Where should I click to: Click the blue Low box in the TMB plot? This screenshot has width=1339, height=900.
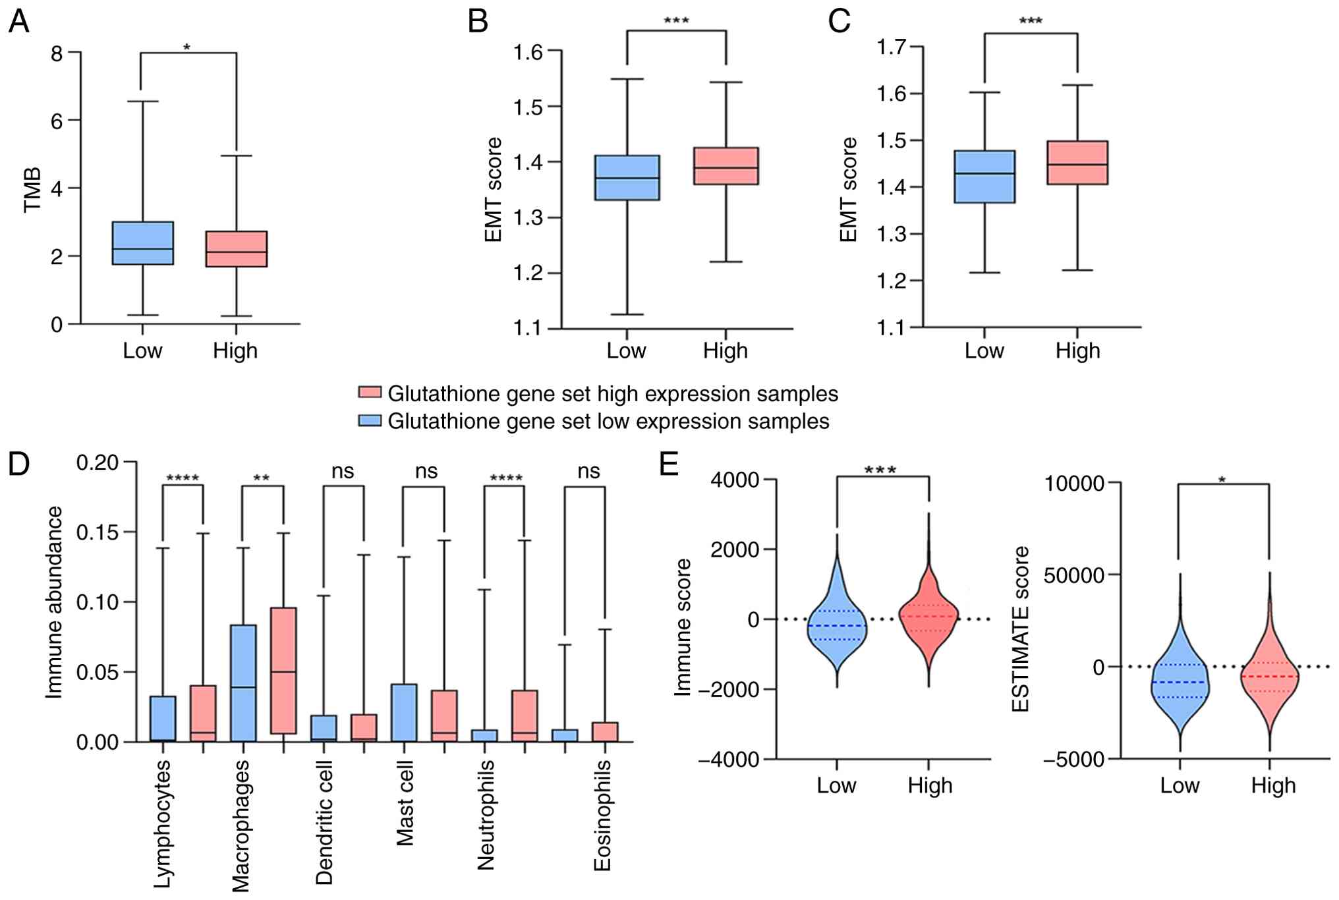tap(142, 243)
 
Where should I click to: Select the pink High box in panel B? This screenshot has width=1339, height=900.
tap(726, 166)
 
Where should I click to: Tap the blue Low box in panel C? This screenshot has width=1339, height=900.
tap(984, 177)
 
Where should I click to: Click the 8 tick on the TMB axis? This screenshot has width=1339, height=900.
tap(57, 53)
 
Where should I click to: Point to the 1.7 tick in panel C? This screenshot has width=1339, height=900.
tap(891, 47)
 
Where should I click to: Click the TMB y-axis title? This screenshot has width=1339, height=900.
tap(32, 190)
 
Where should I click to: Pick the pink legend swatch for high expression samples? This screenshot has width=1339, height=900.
tap(370, 393)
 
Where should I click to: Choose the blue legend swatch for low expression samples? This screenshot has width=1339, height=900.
tap(370, 420)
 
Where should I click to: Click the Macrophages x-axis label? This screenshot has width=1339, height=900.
tap(241, 825)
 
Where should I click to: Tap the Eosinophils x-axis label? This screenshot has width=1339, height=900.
tap(602, 815)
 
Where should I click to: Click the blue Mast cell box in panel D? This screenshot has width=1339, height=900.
tap(404, 713)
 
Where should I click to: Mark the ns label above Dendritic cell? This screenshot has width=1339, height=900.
tap(343, 471)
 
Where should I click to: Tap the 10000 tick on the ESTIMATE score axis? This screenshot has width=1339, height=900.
tap(1074, 484)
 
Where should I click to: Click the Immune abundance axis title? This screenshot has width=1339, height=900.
tap(54, 602)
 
